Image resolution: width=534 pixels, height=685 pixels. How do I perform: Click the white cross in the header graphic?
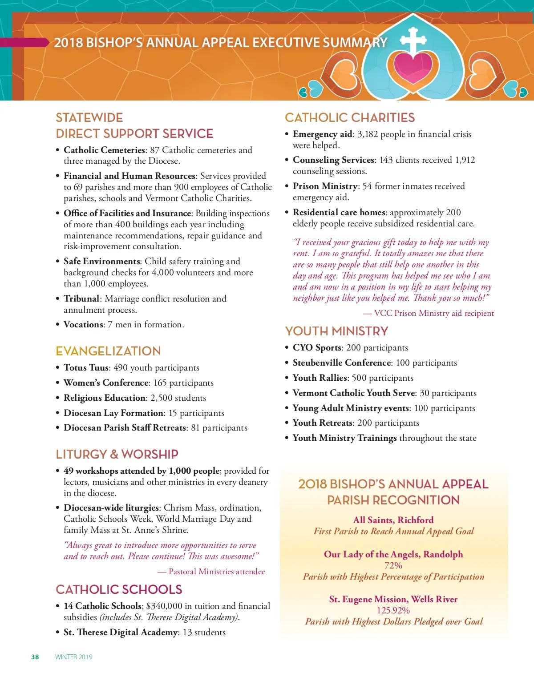click(413, 40)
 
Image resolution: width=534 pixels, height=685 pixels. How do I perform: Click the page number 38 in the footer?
click(35, 657)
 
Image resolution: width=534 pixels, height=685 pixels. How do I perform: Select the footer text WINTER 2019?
click(74, 657)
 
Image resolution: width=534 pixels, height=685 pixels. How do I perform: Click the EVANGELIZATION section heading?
click(108, 351)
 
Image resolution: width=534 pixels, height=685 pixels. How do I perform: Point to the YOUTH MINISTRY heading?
click(336, 331)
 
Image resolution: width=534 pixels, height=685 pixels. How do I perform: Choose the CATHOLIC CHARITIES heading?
click(350, 118)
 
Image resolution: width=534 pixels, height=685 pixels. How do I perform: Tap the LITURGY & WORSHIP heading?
click(117, 454)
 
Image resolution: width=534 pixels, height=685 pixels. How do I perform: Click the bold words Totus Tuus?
click(86, 368)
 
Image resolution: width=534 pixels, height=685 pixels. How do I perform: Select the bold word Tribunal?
click(81, 299)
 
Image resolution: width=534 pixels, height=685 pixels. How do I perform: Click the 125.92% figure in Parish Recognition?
click(393, 610)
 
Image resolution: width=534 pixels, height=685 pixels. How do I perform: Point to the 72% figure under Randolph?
click(393, 566)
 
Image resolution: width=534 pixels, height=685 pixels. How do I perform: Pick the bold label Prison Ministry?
click(325, 186)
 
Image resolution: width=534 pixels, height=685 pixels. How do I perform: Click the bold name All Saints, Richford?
click(393, 520)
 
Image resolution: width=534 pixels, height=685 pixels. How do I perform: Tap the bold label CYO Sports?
click(317, 348)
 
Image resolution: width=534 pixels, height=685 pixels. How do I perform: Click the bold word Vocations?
click(83, 325)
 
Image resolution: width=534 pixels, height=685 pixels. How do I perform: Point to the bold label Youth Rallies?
click(320, 378)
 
